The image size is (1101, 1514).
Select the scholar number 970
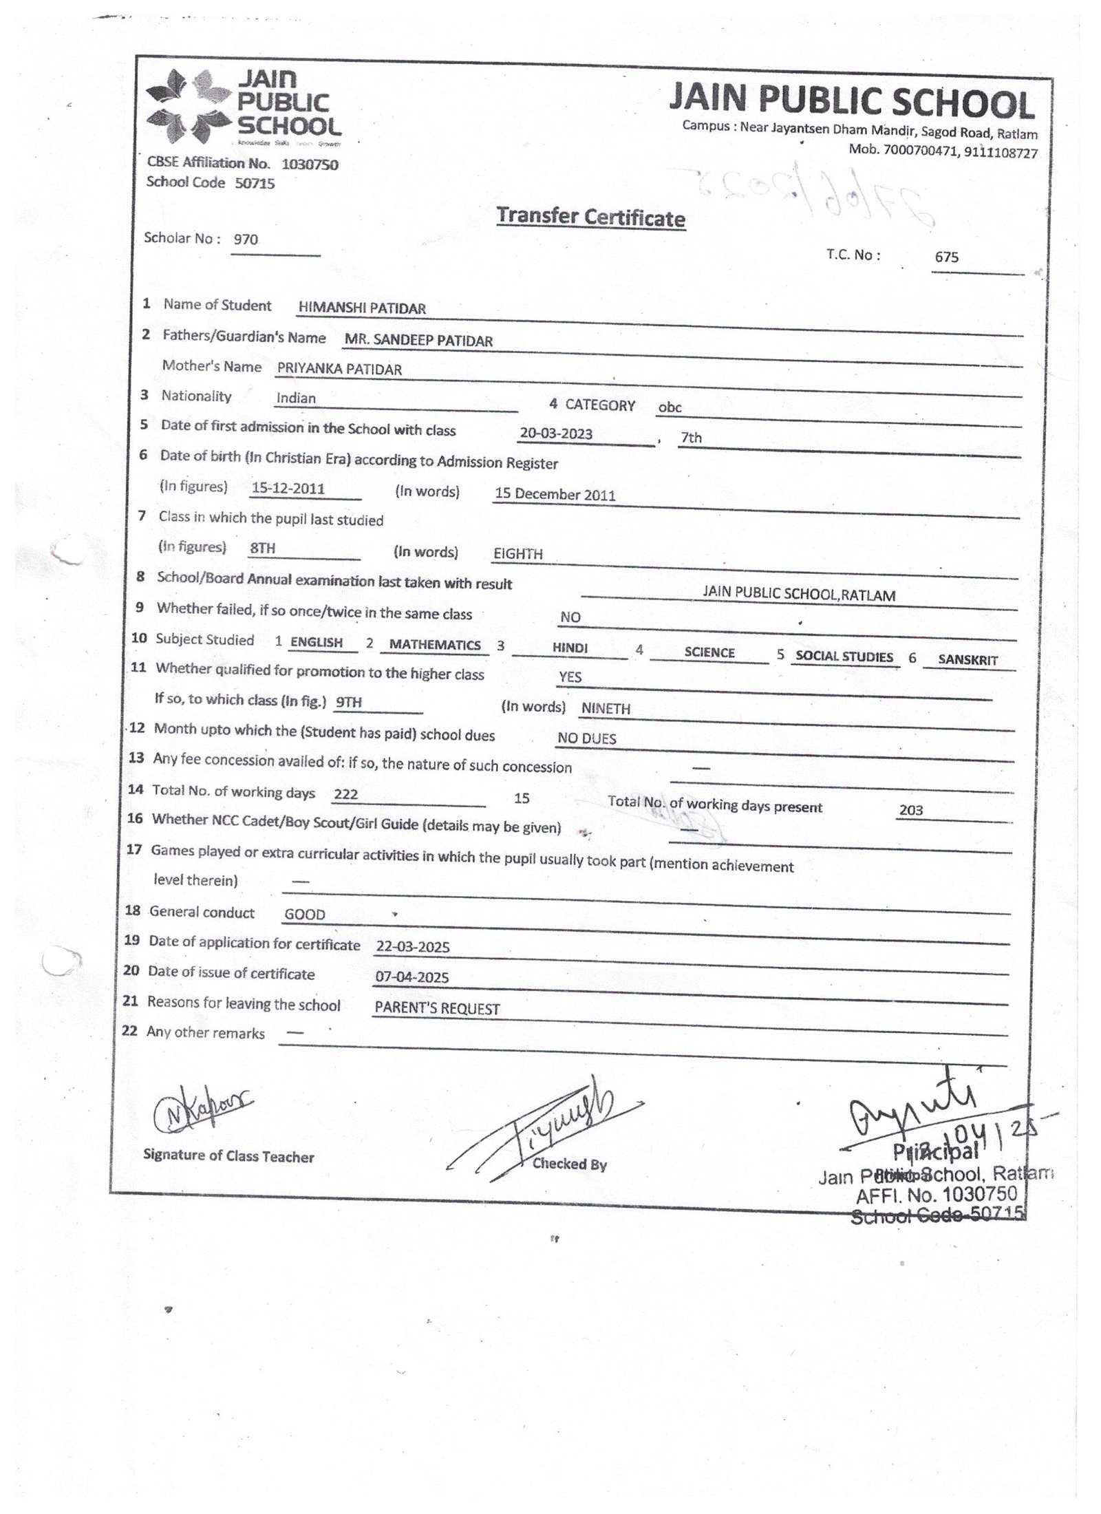pos(246,239)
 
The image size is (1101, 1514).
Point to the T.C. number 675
pos(946,257)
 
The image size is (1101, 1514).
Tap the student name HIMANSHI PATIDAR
pos(362,308)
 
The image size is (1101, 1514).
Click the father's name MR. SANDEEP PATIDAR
pos(418,340)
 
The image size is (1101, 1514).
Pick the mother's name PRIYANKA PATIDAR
pos(339,369)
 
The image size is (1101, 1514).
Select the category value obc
pos(670,407)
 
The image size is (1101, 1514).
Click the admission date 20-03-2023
pos(556,434)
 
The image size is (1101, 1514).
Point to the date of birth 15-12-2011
pos(288,489)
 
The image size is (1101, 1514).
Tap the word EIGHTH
pos(518,554)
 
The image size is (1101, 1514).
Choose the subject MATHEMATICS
pos(435,645)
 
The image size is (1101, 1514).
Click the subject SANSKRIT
pos(968,660)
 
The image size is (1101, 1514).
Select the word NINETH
pos(606,708)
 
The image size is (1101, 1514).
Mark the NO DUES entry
pos(587,738)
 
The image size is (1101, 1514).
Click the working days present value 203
pos(910,811)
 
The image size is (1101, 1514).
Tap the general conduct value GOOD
pos(305,915)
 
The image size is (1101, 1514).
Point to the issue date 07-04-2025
pos(412,977)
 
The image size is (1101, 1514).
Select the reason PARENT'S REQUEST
pos(437,1008)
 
